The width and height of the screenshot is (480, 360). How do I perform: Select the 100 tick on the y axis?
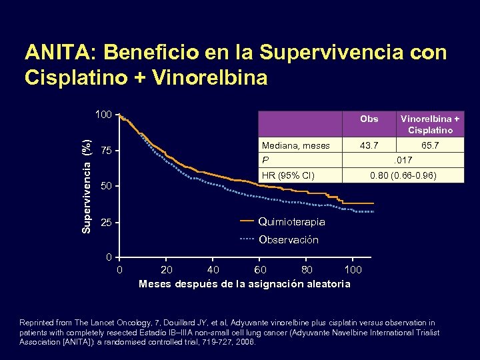103,115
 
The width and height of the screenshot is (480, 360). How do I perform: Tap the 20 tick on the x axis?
167,270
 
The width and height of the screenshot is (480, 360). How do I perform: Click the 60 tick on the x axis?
260,270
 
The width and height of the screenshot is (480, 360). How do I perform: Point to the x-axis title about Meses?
244,284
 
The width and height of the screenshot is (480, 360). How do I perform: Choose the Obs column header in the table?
368,119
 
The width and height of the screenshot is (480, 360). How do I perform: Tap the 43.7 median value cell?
368,145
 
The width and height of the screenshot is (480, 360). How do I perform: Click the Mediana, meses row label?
296,145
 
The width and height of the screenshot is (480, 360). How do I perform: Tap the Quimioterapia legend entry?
291,221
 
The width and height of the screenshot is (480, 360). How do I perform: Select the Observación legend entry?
288,239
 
